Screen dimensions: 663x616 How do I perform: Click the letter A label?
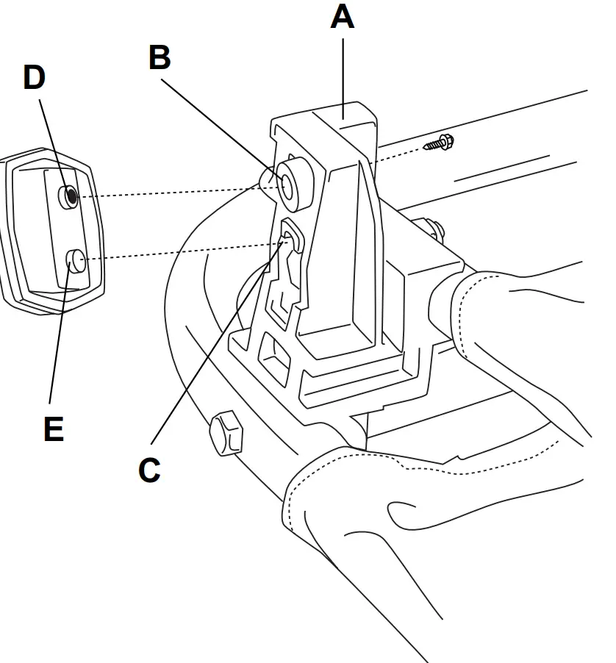[342, 16]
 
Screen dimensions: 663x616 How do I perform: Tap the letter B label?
[160, 57]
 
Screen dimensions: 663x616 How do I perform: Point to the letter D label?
[35, 78]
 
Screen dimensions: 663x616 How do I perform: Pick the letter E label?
[54, 429]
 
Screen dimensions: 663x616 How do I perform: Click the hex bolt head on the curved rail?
[225, 434]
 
